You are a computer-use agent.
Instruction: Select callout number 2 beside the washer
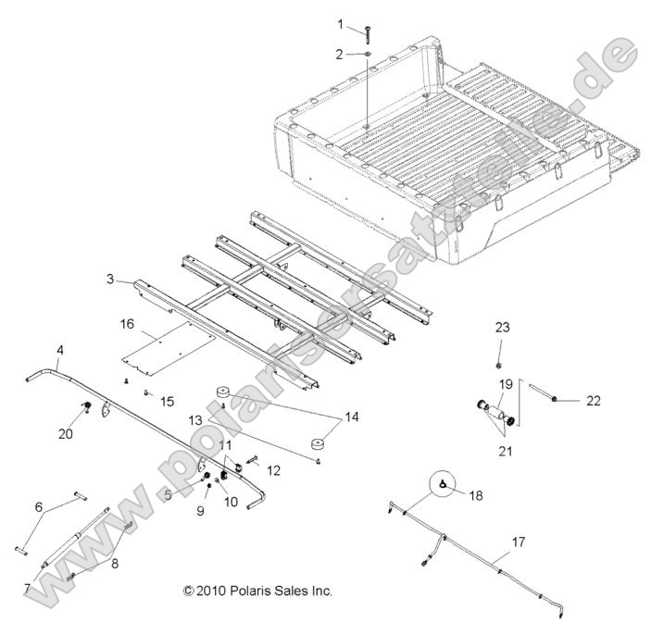click(340, 53)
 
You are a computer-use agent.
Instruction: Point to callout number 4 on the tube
click(60, 350)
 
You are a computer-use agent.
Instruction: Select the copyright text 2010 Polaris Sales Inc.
click(258, 590)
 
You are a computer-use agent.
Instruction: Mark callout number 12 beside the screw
click(272, 470)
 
